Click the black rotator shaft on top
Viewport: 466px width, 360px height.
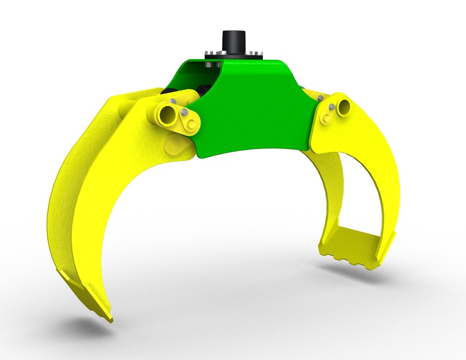pos(234,40)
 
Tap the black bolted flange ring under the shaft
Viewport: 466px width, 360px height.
pos(234,56)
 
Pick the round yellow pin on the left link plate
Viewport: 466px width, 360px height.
pos(192,123)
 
